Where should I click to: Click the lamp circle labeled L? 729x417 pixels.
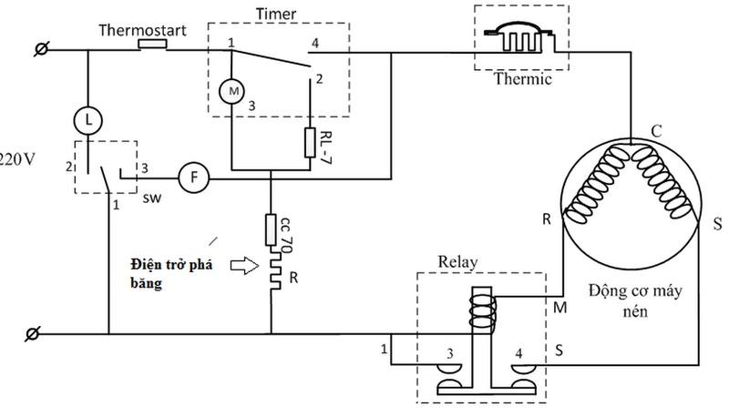tap(88, 119)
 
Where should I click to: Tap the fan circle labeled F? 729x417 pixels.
tap(193, 177)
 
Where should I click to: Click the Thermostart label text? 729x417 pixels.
tap(143, 31)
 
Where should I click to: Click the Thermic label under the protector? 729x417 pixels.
tap(523, 78)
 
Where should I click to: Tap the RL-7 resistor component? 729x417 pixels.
tap(310, 143)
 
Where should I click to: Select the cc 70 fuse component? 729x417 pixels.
tap(272, 228)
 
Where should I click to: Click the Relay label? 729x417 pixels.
tap(457, 262)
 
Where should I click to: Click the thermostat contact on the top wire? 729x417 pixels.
tap(151, 44)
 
